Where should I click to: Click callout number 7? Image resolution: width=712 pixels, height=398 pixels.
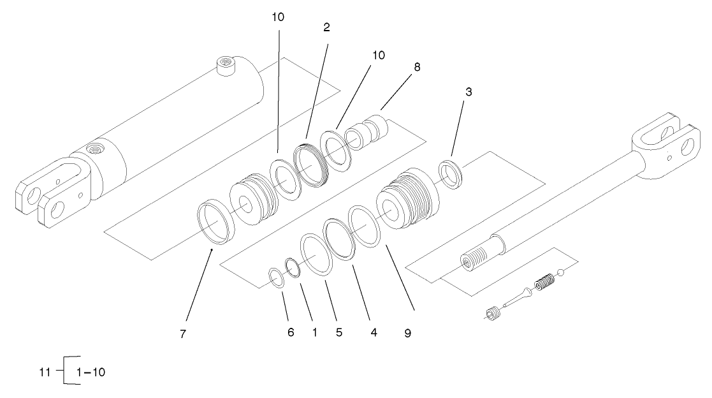coord(183,334)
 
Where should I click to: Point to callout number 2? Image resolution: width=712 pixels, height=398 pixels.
coord(326,28)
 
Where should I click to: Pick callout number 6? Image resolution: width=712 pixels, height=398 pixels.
coord(291,333)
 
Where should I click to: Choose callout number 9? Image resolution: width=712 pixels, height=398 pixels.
coord(407,333)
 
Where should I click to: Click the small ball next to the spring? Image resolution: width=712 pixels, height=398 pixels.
coord(560,274)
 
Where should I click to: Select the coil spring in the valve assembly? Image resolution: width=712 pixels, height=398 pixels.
coord(543,281)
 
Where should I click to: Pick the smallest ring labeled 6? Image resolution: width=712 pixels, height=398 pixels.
coord(275,278)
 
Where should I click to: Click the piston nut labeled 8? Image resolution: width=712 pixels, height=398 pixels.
coord(366,131)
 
